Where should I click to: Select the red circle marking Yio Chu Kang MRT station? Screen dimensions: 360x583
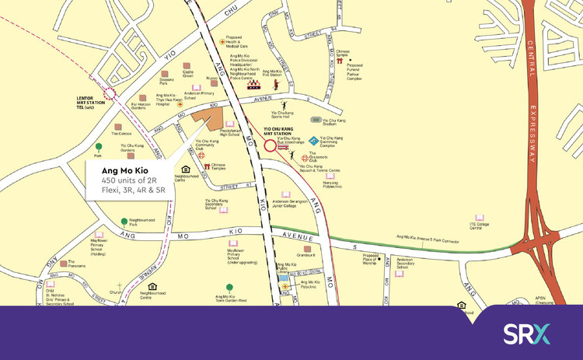point(271,145)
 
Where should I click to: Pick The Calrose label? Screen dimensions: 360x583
point(120,133)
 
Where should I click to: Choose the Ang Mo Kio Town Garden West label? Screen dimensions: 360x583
point(231,297)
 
